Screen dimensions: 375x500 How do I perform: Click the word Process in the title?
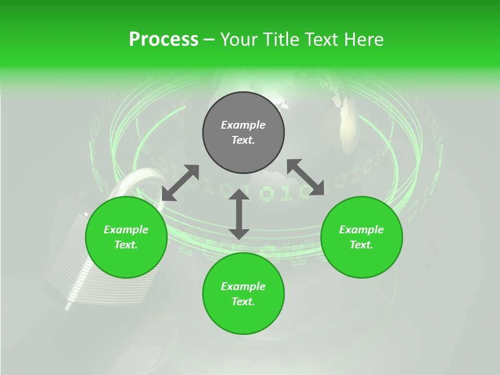coord(164,40)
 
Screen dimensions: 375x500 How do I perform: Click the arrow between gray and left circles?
coord(180,183)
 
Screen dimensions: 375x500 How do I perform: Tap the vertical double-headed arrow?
coord(239,214)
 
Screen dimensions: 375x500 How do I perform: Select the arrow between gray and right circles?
coord(305,177)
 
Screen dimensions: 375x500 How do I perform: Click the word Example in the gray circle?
coord(243,125)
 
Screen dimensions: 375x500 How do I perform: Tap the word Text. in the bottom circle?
coord(243,302)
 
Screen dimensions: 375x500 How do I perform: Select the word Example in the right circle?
coord(361,230)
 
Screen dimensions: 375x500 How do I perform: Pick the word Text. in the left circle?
coord(126,245)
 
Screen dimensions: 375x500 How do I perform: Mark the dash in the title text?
coord(209,40)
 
